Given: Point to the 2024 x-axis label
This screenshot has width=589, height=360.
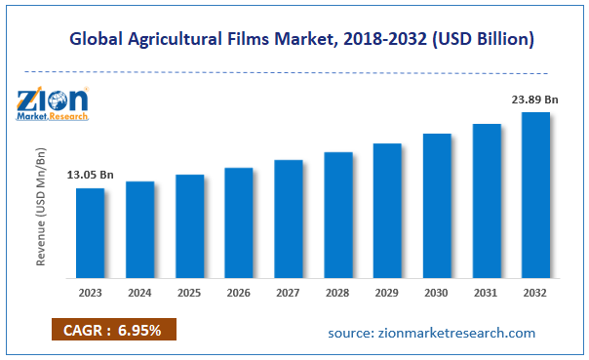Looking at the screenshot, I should [139, 292].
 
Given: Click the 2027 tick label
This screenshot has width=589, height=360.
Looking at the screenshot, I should [288, 292].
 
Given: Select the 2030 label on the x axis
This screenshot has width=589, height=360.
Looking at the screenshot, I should [437, 292].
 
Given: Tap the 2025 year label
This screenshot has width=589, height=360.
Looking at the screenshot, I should [189, 292].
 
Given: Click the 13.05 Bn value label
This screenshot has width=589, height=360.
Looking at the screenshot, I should [90, 175].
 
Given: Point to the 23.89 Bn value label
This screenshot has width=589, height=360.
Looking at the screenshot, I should [534, 99].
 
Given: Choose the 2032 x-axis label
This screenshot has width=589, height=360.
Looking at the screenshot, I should [535, 292].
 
